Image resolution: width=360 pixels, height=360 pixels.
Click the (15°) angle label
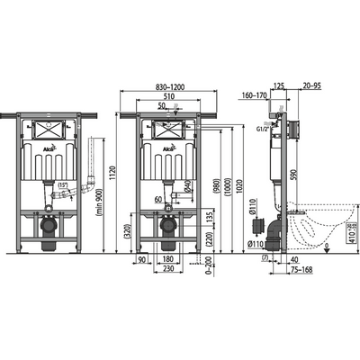[63, 186]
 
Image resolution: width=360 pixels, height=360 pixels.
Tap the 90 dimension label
[141, 259]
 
